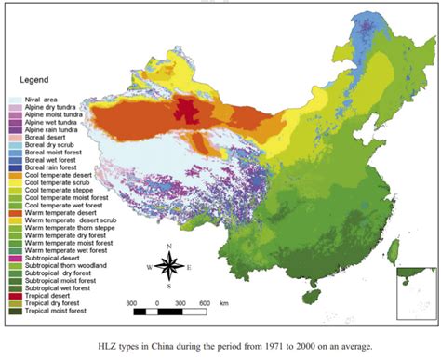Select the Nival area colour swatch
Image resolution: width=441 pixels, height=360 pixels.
tap(15, 100)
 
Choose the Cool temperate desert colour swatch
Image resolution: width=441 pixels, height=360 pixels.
tap(15, 177)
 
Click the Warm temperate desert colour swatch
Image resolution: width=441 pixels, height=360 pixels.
tap(15, 216)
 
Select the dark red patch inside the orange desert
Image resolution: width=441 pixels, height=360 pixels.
tap(192, 108)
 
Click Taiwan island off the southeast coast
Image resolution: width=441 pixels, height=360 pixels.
tap(393, 248)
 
